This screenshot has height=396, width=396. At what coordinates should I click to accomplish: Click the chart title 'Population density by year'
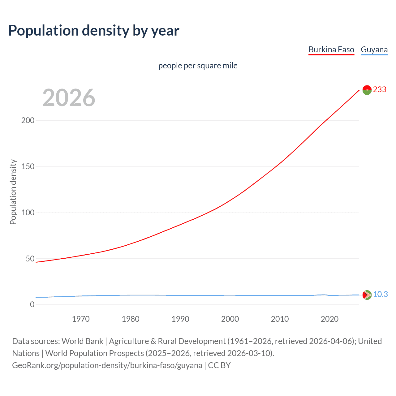(94, 31)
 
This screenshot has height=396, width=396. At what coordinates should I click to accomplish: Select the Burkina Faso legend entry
(331, 50)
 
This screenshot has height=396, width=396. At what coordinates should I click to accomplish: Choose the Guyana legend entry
(374, 50)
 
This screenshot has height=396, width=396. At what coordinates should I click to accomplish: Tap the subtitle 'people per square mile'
(198, 66)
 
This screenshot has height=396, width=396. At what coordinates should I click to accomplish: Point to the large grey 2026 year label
(69, 98)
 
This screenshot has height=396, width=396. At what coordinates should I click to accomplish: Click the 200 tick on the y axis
(28, 121)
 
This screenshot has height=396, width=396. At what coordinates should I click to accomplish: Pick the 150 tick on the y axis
(28, 167)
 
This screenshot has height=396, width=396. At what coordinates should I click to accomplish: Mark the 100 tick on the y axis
(28, 213)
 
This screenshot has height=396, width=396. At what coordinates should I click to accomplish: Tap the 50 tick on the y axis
(30, 259)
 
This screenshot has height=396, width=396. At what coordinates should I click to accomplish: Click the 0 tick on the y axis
(32, 305)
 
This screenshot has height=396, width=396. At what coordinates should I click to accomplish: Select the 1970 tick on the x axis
(81, 319)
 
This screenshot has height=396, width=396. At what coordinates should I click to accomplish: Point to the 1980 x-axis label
(131, 319)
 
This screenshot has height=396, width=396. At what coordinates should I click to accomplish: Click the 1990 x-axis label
(180, 319)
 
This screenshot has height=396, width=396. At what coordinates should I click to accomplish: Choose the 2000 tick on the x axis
(230, 319)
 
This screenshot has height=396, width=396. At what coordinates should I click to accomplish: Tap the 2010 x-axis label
(280, 319)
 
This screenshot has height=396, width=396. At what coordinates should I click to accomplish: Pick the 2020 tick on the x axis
(329, 319)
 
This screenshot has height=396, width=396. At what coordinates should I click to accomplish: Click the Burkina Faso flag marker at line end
(367, 90)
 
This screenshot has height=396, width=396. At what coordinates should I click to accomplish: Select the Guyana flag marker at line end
(367, 295)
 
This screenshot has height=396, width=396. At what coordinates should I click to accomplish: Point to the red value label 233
(380, 90)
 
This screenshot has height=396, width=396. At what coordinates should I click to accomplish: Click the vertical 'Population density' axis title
(13, 192)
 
